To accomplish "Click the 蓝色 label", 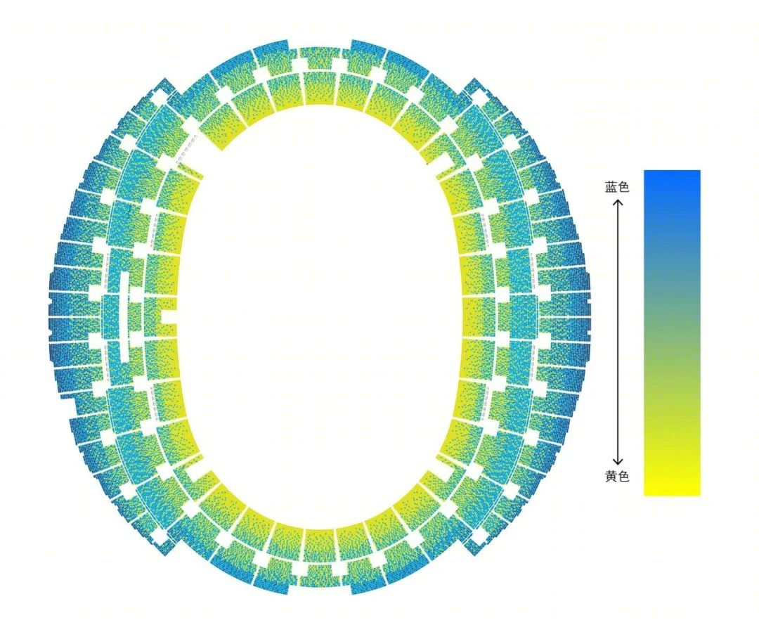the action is click(617, 187).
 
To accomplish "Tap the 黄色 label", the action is click(617, 477).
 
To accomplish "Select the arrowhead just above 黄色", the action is click(618, 462).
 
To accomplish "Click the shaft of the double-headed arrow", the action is click(618, 331).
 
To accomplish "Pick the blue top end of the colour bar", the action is click(672, 175).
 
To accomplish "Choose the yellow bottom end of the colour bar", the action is click(672, 490).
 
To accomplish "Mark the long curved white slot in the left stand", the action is click(125, 317).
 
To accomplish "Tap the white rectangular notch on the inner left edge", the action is click(168, 317).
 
